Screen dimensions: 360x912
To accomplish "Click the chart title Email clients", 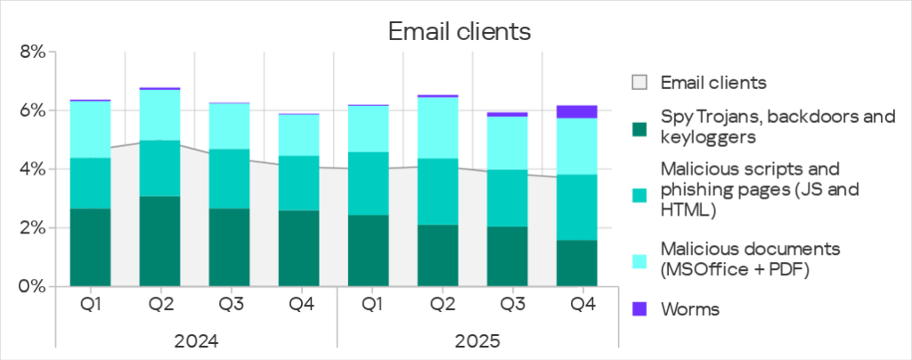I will point(459,32).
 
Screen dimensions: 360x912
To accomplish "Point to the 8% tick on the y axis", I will point(31,53).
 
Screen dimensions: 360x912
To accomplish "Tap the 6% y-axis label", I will point(31,111).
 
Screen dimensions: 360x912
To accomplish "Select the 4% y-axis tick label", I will point(31,169).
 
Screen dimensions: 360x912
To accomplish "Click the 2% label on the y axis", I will point(31,228).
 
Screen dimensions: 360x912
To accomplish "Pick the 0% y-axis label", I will point(31,287).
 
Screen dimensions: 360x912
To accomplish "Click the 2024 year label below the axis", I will point(195,341).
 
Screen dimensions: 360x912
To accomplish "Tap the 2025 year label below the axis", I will point(476,341).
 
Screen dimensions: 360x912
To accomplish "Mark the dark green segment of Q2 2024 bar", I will point(160,241).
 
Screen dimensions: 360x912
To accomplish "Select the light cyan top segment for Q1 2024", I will point(90,129).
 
